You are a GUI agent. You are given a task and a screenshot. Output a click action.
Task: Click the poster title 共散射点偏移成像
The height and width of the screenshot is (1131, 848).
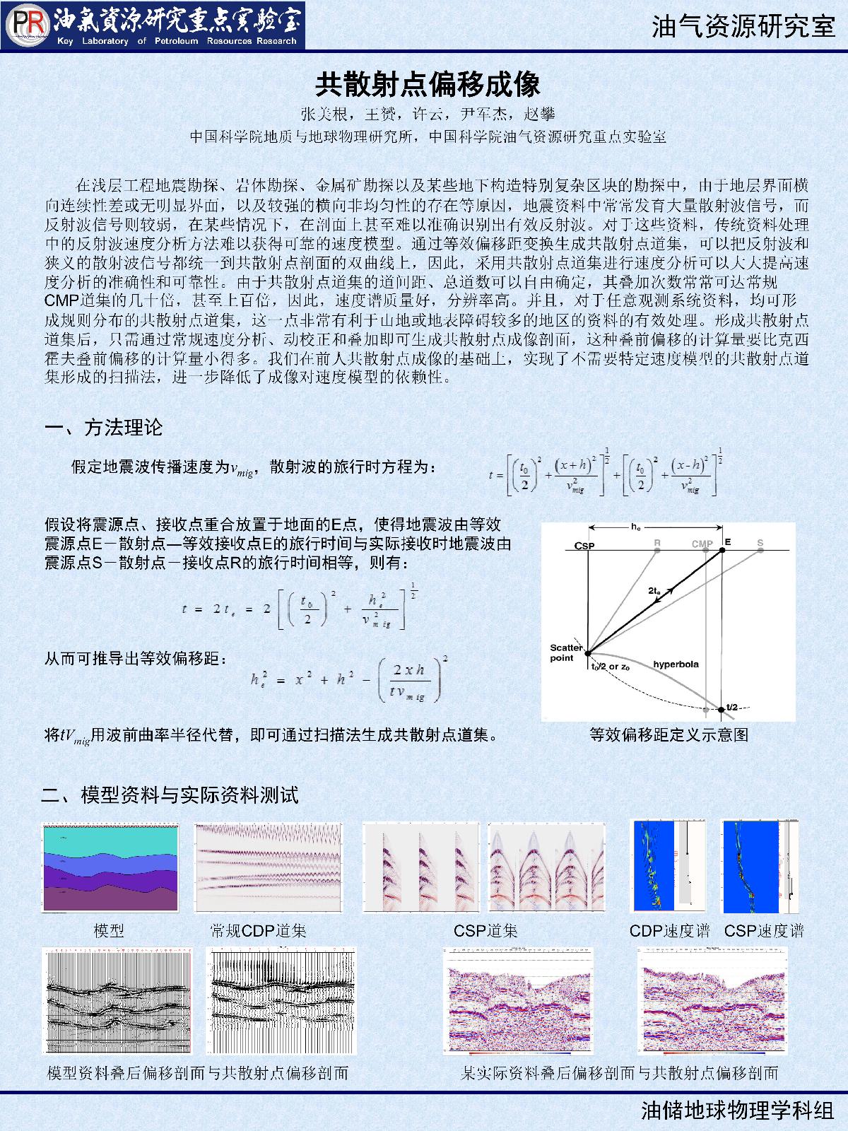pos(428,84)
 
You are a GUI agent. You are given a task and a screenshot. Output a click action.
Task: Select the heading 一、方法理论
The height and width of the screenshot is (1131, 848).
pos(104,428)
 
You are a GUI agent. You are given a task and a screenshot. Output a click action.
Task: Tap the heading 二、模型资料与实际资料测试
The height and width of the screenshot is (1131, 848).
pos(170,795)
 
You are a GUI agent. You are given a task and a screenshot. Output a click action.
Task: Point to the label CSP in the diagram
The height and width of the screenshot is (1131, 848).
pos(584,546)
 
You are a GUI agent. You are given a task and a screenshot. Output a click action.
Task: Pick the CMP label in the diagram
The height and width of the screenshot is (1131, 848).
pos(702,544)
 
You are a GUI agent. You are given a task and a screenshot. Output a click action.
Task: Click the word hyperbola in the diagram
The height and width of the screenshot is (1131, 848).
pos(676,664)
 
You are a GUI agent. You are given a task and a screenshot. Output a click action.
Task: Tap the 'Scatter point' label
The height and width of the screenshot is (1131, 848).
pos(566,653)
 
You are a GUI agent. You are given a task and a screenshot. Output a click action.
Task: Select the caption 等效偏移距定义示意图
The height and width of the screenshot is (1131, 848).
pos(669,734)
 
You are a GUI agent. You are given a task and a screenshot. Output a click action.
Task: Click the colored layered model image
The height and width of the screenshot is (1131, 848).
pos(110,868)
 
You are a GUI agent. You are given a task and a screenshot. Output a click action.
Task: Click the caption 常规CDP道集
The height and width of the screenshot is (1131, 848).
pos(258,931)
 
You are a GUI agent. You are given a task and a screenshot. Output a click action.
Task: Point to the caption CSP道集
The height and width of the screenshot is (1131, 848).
pos(485,931)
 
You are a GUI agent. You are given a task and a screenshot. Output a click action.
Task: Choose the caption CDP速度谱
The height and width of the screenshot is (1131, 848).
pos(669,931)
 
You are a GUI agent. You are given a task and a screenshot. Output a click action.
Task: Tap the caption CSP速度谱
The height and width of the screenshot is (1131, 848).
pos(764,931)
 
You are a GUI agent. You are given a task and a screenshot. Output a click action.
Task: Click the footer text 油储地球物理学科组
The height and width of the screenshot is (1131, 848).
pos(738,1111)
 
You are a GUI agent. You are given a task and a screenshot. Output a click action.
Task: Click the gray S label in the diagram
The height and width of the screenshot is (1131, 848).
pos(760,543)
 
